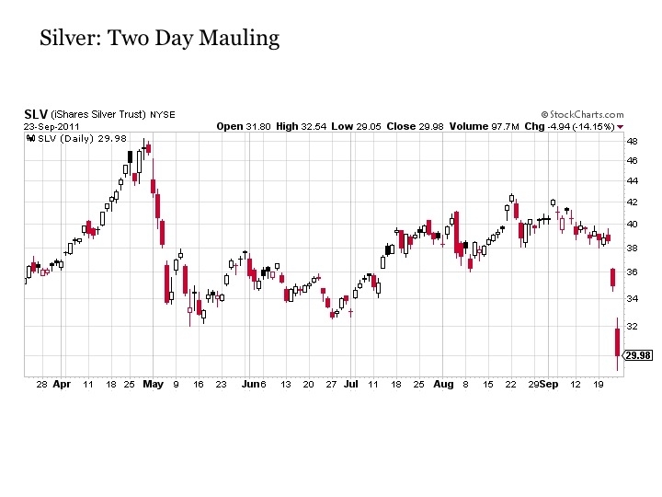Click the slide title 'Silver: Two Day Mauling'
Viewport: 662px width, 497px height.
coord(159,39)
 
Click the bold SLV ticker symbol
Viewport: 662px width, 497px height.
coord(35,114)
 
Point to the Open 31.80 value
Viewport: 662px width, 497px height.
coord(244,126)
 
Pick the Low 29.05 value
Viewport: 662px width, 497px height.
coord(353,126)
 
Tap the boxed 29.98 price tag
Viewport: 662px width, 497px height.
coord(637,355)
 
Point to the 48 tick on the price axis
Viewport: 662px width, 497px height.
coord(632,142)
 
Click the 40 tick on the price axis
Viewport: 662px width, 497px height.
coord(632,224)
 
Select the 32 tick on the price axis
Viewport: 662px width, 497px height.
coord(632,326)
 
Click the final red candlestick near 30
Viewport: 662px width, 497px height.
coord(618,342)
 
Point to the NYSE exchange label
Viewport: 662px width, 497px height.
coord(163,115)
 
